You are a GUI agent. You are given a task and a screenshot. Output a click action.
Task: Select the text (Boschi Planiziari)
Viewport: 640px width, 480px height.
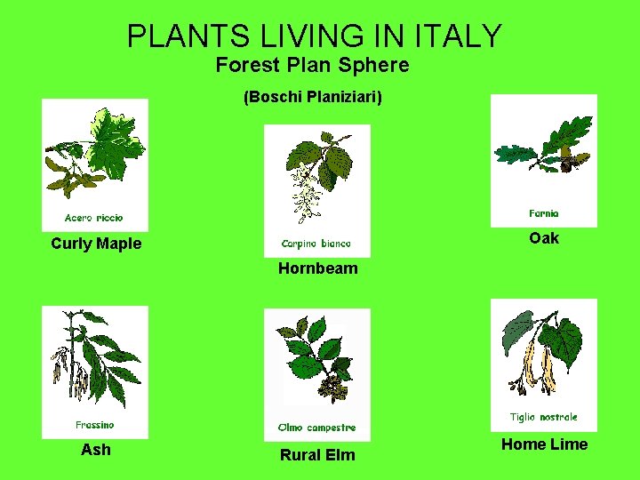pos(313,97)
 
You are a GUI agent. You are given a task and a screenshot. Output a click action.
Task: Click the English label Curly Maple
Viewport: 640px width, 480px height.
pos(96,244)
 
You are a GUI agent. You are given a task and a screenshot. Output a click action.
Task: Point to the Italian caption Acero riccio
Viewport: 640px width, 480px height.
pos(94,218)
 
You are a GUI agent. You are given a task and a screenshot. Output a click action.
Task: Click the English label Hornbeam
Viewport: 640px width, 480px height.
pos(317,268)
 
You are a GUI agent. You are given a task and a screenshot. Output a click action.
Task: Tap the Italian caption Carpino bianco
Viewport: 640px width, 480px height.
pos(316,244)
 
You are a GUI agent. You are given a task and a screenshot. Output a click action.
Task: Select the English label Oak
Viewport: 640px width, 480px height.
pos(544,237)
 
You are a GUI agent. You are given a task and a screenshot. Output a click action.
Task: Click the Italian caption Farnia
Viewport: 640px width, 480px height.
pos(544,213)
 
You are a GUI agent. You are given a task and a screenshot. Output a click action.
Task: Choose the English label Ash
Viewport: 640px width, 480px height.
pos(96,450)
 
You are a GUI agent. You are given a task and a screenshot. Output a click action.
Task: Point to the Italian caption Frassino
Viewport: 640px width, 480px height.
pos(94,425)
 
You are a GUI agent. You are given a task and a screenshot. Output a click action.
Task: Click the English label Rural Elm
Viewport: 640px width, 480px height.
pos(317,455)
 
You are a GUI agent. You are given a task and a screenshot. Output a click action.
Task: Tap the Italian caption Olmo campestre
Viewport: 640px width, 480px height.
pos(316,427)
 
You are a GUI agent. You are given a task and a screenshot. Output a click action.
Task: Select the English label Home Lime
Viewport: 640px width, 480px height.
pos(544,444)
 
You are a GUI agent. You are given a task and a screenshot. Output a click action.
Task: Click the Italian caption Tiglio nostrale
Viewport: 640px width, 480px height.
pos(544,417)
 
